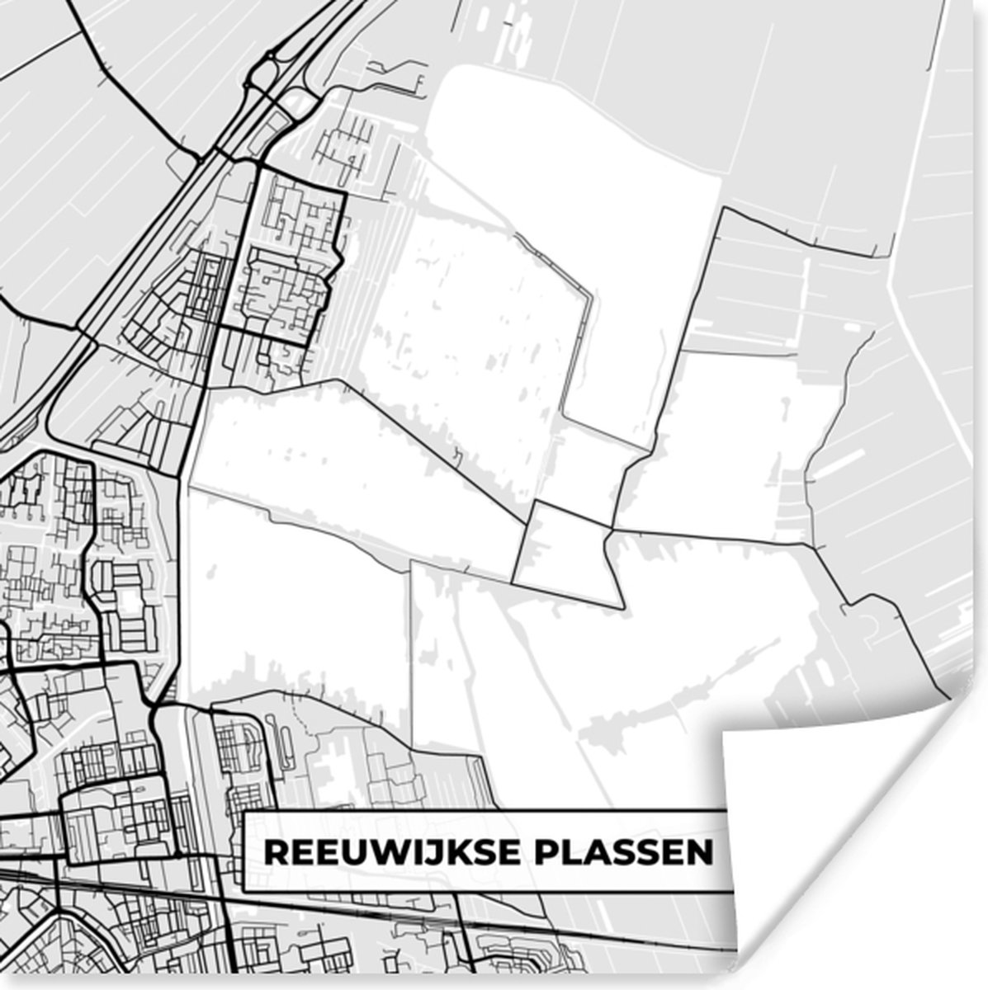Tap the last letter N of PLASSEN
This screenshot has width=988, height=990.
[701, 852]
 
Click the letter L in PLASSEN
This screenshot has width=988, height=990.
[571, 852]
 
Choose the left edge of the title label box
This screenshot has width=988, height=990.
[245, 852]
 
